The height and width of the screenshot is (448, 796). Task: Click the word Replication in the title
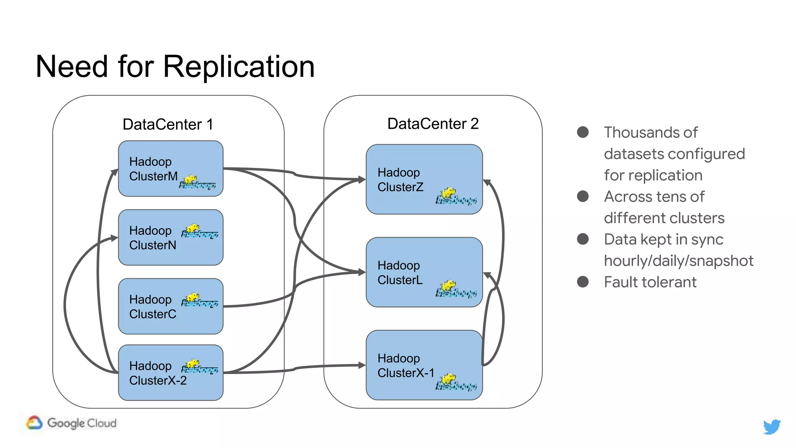coord(239,67)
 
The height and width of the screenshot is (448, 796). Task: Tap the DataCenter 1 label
coord(168,124)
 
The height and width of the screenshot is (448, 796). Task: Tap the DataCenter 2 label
coord(433,124)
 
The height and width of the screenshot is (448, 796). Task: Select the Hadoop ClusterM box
coord(170,168)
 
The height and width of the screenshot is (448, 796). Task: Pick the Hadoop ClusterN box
coord(170,237)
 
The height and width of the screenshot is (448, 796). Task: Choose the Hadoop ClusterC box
coord(170,306)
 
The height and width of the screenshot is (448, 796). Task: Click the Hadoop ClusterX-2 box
coord(170,373)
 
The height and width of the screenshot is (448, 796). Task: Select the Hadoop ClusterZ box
coord(424,179)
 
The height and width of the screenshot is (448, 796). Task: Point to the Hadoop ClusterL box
coord(424,272)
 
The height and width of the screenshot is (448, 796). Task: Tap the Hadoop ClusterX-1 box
coord(424,365)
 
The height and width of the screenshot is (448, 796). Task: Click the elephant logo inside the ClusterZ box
coord(456,197)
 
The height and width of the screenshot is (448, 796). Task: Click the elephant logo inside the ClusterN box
coord(199,231)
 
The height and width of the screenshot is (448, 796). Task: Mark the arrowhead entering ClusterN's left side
coord(115,238)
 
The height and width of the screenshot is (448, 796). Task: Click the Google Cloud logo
coord(72,423)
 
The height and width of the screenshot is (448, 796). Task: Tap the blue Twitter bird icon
coord(772,427)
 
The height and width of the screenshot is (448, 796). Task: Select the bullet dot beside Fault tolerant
coord(583,282)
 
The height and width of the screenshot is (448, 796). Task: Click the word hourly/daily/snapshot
coord(678,261)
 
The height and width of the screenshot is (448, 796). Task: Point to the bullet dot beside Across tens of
coord(583,196)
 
